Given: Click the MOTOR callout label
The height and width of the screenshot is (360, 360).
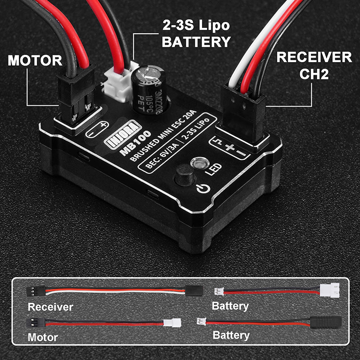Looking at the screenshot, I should click(35, 60).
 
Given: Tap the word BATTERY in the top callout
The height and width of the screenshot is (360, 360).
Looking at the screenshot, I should click(196, 42).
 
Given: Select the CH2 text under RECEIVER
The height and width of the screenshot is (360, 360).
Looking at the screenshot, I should click(314, 73).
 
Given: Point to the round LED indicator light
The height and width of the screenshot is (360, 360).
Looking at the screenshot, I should click(197, 162).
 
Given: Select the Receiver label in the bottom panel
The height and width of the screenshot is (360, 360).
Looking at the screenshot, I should click(50, 307).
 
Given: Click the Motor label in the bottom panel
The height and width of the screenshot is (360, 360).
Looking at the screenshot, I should click(43, 337).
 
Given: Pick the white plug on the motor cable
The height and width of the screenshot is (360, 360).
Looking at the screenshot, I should click(171, 323).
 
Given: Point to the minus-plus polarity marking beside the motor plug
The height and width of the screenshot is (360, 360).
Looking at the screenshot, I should click(97, 130).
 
